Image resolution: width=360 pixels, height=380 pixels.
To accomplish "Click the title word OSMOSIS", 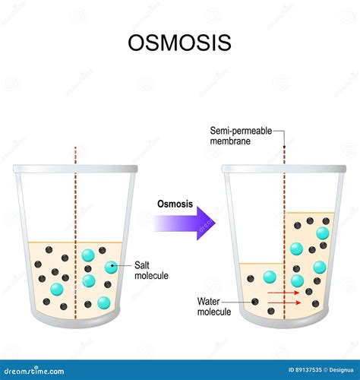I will [x=179, y=43].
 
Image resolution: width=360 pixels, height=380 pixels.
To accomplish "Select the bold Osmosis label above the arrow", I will [x=174, y=204].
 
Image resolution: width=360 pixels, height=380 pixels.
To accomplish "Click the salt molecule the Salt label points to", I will [x=112, y=267].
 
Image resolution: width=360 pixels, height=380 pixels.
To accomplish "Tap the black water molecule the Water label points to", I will [x=254, y=302].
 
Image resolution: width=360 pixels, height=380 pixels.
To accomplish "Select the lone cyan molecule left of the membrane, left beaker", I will [x=57, y=289].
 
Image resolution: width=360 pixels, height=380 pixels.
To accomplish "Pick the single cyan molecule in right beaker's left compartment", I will [x=268, y=277].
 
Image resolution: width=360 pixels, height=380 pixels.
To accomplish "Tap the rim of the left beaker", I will [x=75, y=169].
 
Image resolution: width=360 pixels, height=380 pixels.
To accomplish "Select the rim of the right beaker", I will [x=285, y=169].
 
